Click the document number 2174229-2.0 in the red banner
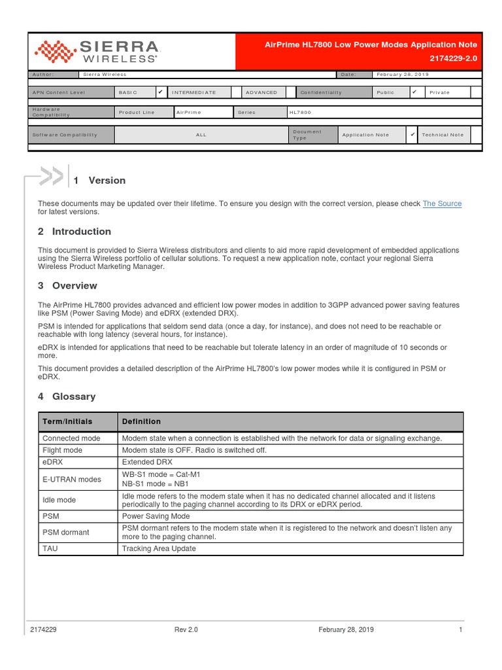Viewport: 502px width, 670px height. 454,58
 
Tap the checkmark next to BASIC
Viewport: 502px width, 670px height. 160,92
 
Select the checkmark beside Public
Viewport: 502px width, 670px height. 414,92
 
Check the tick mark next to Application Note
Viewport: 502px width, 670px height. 412,134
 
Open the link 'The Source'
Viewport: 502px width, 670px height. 442,203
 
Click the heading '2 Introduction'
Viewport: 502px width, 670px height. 75,232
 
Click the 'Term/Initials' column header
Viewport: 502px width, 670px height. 67,421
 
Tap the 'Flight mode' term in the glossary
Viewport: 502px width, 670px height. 63,450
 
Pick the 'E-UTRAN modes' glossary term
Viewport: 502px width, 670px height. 72,479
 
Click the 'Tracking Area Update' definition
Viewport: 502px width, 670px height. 159,548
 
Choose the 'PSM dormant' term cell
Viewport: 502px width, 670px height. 66,532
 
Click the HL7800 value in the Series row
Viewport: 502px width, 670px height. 300,113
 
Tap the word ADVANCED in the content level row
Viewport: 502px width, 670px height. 261,93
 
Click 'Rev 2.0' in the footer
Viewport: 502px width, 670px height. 186,629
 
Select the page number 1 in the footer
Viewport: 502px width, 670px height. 461,629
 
